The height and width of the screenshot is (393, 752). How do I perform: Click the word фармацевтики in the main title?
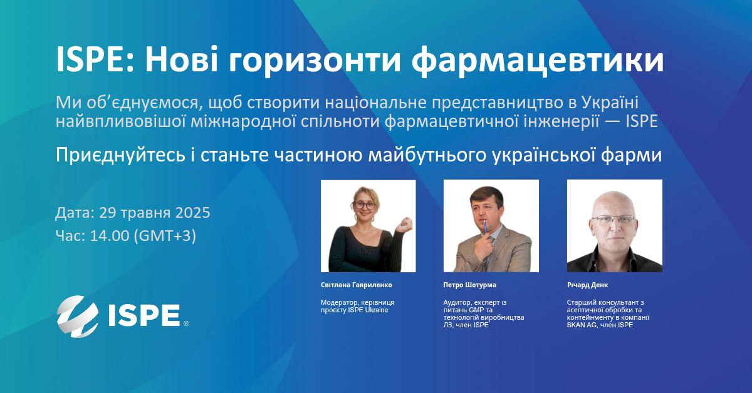(538, 61)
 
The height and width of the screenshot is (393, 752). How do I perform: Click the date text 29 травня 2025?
(154, 213)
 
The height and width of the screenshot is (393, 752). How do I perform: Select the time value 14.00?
(110, 236)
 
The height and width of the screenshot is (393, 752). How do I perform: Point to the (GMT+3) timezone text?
(165, 236)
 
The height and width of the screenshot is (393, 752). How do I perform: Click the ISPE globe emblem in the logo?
(78, 316)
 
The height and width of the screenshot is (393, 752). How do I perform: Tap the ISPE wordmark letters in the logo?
(144, 315)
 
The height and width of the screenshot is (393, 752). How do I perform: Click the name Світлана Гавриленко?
(356, 285)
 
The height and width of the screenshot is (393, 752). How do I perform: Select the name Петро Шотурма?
(469, 285)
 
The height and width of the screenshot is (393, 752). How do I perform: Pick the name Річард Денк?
(588, 285)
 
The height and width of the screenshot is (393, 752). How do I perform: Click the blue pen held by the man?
(485, 230)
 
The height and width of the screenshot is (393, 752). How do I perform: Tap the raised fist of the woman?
(404, 224)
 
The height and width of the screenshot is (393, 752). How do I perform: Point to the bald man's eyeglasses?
(613, 220)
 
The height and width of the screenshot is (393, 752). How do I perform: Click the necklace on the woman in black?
(363, 231)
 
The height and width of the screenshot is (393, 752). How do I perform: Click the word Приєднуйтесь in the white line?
(120, 156)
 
